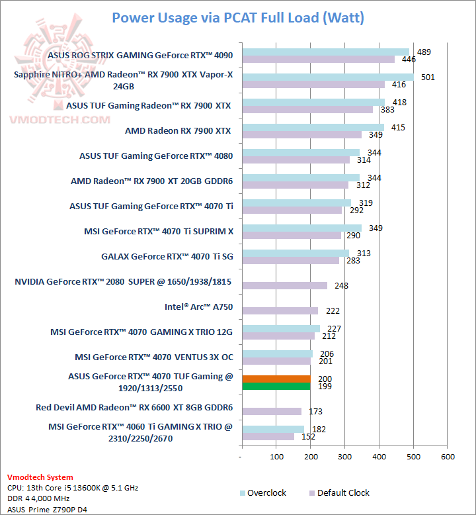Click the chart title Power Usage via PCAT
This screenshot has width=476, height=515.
(x=238, y=17)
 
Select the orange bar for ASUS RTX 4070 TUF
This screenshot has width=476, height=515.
(x=276, y=379)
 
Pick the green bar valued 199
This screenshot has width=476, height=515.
(x=276, y=386)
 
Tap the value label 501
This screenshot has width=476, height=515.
(x=428, y=77)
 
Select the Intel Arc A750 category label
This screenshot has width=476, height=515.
(x=199, y=307)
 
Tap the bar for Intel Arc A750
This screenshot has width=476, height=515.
(x=280, y=310)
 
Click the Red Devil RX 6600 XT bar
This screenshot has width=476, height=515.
(x=272, y=411)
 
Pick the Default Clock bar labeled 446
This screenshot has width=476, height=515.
(x=319, y=60)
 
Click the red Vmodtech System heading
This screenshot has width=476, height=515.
(x=40, y=477)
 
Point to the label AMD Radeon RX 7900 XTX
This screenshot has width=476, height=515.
(x=178, y=131)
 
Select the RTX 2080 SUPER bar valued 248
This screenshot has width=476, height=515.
(x=285, y=285)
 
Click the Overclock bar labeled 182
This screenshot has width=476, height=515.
(x=273, y=429)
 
